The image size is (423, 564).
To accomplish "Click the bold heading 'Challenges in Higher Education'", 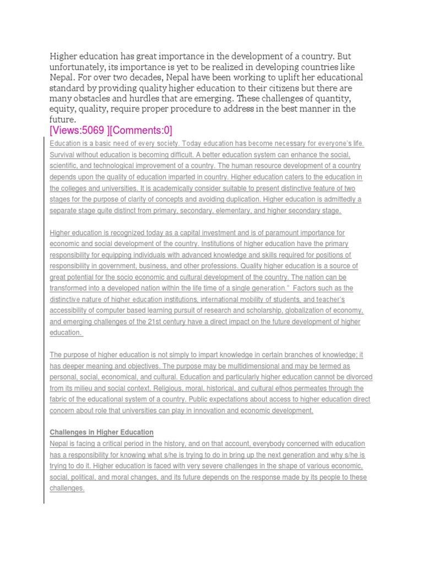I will pos(102,432).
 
